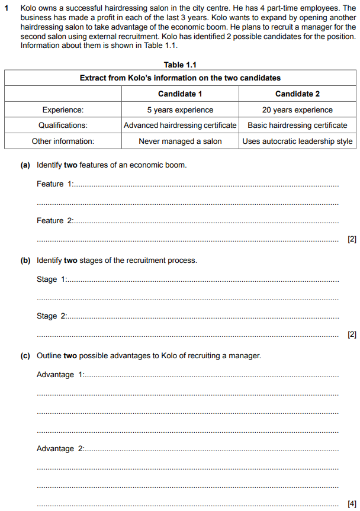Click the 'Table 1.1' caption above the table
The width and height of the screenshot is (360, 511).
coord(180,65)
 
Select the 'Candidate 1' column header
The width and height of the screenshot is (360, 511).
coord(180,94)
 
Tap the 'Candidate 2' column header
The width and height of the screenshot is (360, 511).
coord(297,94)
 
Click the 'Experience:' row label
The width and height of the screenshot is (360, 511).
coord(63,110)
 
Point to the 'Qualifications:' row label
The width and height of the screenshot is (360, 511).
coord(63,125)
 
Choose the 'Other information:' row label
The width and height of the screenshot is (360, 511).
coord(63,141)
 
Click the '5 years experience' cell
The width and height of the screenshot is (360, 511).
coord(180,110)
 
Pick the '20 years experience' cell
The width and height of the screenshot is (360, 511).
coord(297,110)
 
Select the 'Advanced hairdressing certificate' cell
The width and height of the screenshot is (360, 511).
coord(180,125)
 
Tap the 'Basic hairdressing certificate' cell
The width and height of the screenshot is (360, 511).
coord(297,125)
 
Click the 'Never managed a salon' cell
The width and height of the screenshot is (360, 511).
coord(180,141)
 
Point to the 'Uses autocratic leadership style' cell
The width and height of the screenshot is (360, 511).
coord(297,141)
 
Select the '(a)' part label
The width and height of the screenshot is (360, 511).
coord(25,165)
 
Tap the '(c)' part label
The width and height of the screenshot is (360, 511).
coord(25,356)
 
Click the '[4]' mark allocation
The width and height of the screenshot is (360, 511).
coord(352,504)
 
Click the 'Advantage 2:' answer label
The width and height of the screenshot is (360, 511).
coord(60,448)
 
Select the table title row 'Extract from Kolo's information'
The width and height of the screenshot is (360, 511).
coord(180,78)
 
